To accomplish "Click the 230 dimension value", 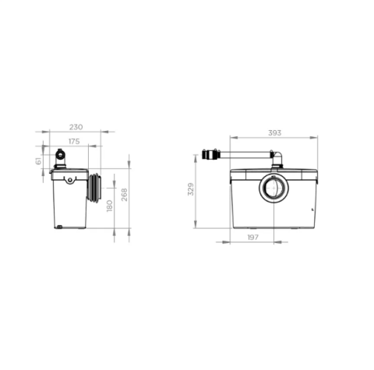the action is pos(76,127).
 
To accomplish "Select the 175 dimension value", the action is pos(74,142).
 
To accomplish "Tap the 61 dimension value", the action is pos(38,161).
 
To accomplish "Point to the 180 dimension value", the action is pos(110,206).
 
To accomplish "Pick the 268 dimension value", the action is pos(125,195).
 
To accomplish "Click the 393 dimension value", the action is pos(274,133).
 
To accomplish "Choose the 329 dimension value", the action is pos(191,189).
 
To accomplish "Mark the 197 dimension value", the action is pos(252,237).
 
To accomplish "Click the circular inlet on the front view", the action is pos(273,188).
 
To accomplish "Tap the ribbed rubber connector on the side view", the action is pos(94,188).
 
